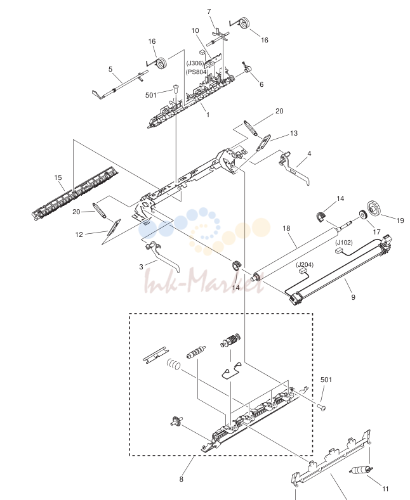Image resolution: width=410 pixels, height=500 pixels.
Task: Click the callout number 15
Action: click(x=58, y=177)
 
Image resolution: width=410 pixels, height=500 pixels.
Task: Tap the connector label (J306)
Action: click(x=195, y=63)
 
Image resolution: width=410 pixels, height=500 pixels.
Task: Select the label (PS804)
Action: click(x=197, y=72)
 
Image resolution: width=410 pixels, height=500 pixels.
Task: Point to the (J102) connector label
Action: click(x=344, y=242)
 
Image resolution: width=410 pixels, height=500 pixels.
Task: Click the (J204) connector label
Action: click(x=305, y=265)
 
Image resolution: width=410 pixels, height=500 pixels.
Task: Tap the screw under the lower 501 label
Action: click(x=322, y=407)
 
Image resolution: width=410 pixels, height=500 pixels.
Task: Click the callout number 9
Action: click(x=353, y=297)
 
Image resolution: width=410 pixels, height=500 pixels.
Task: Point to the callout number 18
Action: click(x=286, y=228)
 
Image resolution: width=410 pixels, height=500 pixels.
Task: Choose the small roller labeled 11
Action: click(x=362, y=470)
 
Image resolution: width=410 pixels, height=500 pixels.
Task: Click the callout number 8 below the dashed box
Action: click(x=182, y=479)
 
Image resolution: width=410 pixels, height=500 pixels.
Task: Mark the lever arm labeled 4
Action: click(x=294, y=167)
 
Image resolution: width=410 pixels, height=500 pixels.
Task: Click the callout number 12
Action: click(x=79, y=234)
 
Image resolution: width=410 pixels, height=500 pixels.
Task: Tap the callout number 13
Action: click(x=294, y=133)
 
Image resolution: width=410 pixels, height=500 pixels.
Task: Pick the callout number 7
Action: click(x=209, y=12)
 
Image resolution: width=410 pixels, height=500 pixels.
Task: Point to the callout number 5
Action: click(x=110, y=69)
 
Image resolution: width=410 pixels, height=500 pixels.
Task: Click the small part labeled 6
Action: click(x=246, y=68)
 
